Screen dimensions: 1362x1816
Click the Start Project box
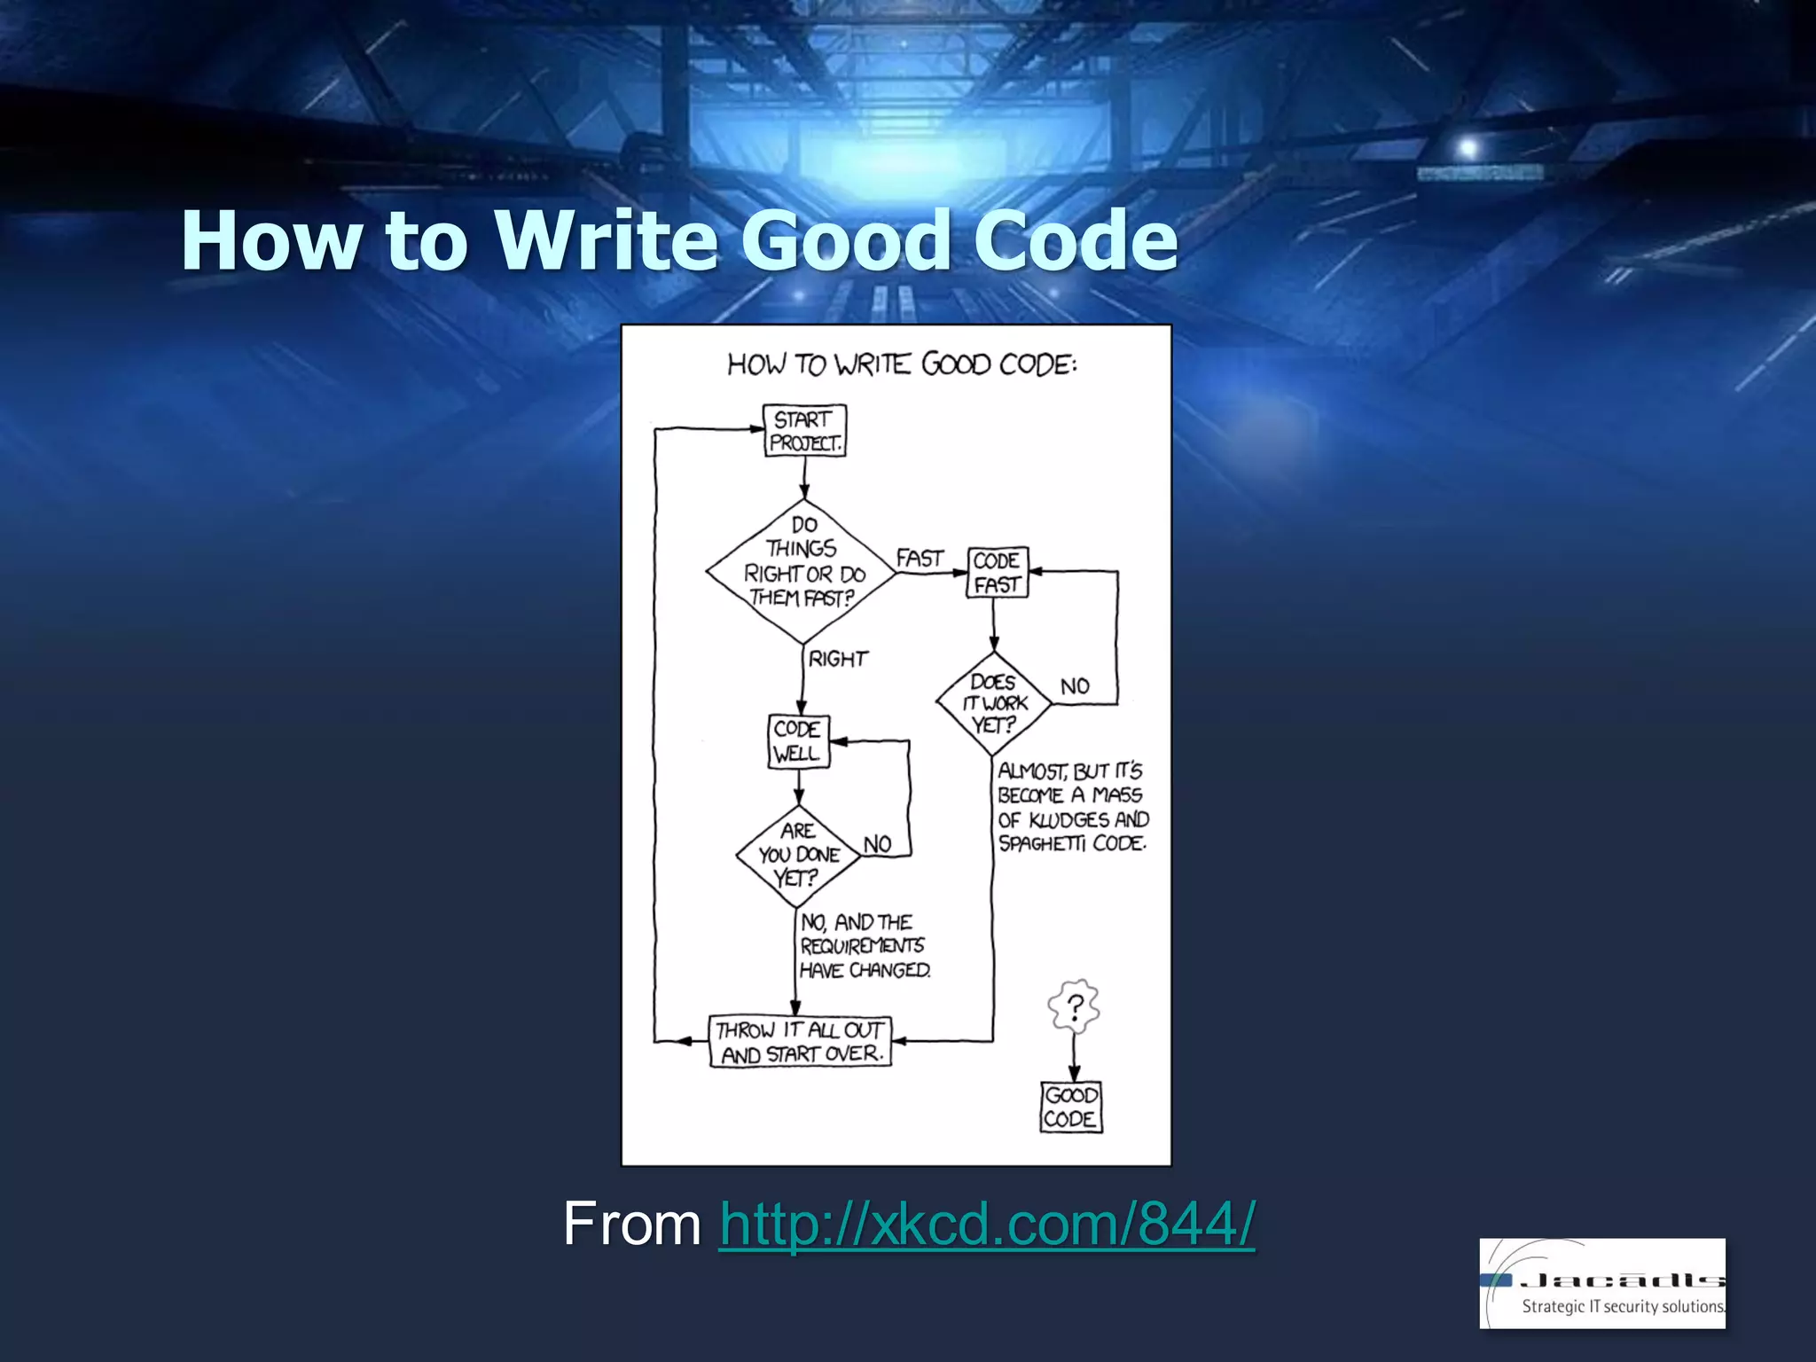click(x=805, y=431)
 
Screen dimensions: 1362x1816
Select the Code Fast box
click(x=997, y=573)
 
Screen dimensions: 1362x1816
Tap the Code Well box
click(x=798, y=741)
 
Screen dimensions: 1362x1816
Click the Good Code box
click(x=1070, y=1107)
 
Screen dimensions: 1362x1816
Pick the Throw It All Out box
click(x=800, y=1042)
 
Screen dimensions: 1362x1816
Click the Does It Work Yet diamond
click(x=994, y=704)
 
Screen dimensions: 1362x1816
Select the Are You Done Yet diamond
click(x=798, y=856)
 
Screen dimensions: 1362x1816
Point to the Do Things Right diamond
click(x=803, y=572)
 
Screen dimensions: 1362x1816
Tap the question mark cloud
click(x=1074, y=1007)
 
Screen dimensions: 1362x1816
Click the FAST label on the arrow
click(x=920, y=559)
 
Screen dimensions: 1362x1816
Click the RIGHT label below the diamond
click(x=838, y=659)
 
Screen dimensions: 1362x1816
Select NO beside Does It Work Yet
click(x=1075, y=686)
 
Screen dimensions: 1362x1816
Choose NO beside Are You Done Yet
click(x=877, y=844)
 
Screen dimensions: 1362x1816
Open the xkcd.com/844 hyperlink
click(x=986, y=1224)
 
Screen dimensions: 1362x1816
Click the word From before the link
click(x=631, y=1224)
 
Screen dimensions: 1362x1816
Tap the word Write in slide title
click(x=607, y=240)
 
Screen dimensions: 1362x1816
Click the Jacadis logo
click(x=1601, y=1283)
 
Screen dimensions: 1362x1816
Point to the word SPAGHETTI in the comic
click(x=1042, y=843)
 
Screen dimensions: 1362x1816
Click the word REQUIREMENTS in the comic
click(x=862, y=946)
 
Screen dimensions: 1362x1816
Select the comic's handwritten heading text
click(x=902, y=364)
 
